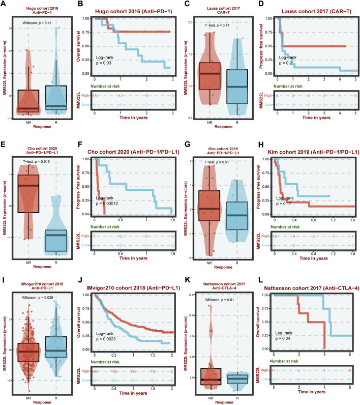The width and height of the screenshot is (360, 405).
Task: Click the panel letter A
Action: [4, 4]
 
